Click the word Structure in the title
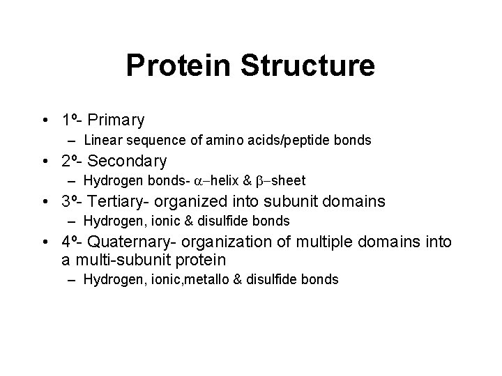(x=307, y=66)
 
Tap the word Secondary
(x=128, y=161)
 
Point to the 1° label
(x=68, y=120)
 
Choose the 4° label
(x=68, y=242)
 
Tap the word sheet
(x=289, y=181)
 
